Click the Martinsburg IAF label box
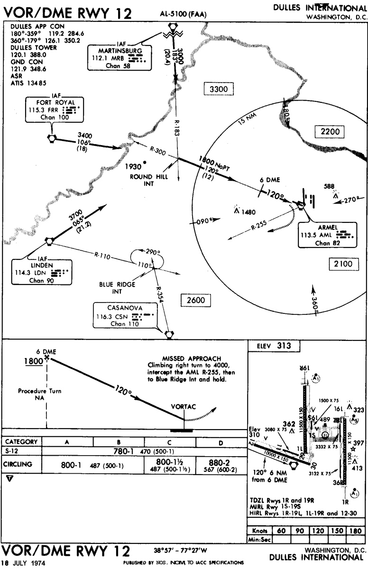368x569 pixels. click(x=117, y=56)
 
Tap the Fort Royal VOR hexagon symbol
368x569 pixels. click(x=51, y=138)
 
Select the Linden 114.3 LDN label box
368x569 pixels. click(x=42, y=272)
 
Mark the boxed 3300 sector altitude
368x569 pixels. click(x=218, y=89)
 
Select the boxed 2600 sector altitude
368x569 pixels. click(x=196, y=300)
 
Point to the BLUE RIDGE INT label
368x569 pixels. click(x=118, y=287)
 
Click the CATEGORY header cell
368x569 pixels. click(x=21, y=441)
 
